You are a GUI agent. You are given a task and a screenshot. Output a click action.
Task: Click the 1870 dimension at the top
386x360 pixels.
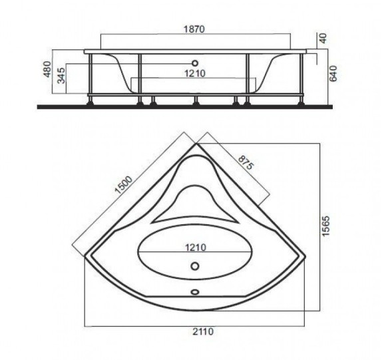coord(194,29)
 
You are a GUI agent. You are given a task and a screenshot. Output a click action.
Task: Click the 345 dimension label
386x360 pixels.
coord(61,75)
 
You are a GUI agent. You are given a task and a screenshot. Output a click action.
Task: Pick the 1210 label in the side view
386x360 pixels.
coord(195,73)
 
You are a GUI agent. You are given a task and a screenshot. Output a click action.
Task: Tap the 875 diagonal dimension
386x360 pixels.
coord(246,162)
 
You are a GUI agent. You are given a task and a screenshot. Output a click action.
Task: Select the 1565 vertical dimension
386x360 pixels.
coord(325,226)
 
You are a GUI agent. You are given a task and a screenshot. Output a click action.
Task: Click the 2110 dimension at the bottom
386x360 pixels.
coord(203,331)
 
